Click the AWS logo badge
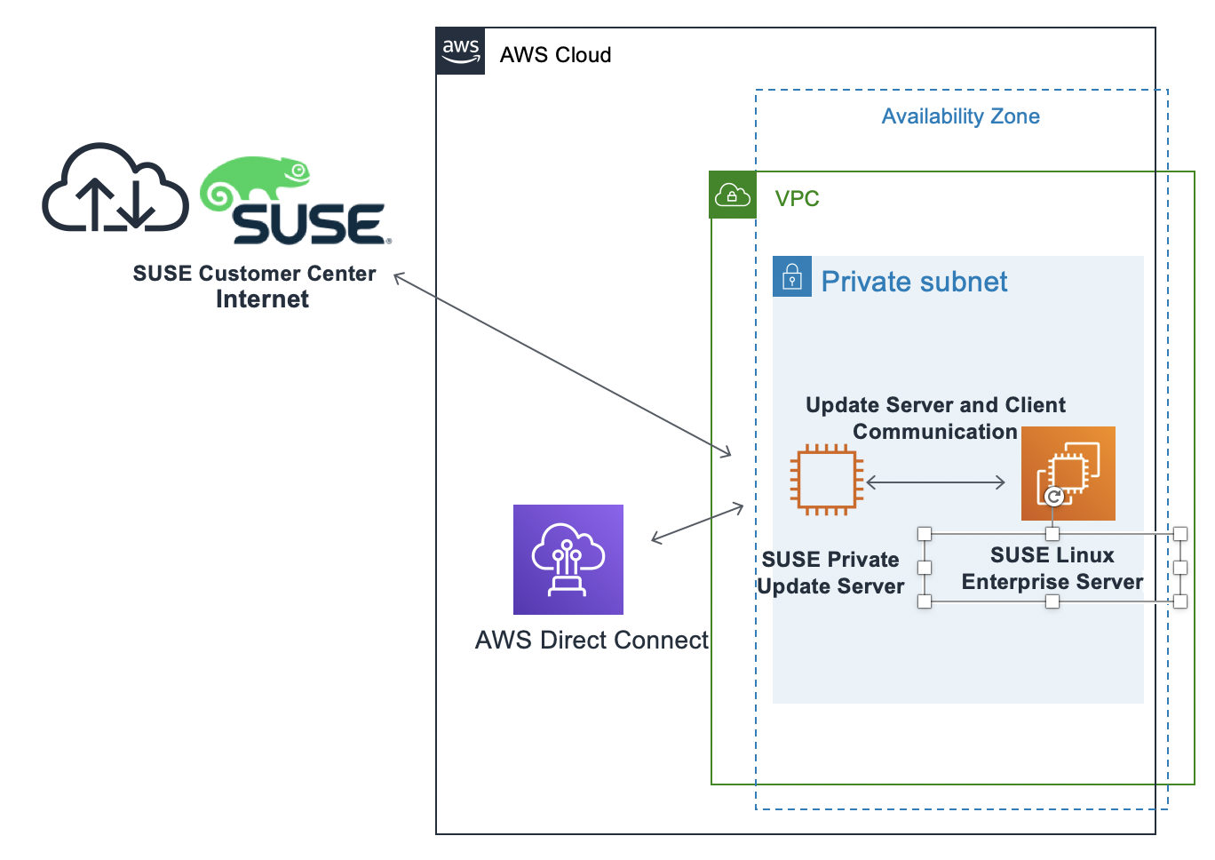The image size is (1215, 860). click(x=460, y=51)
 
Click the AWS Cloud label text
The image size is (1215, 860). click(x=555, y=55)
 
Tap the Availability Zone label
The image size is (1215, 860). click(x=960, y=116)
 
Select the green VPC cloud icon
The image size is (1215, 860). click(x=732, y=195)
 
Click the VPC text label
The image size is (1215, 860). click(x=797, y=199)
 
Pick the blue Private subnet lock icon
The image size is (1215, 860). click(x=792, y=277)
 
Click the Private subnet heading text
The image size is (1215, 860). click(x=914, y=282)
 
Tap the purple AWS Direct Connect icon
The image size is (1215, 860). click(x=568, y=560)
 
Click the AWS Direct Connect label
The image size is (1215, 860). click(x=592, y=641)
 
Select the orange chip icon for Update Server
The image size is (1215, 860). click(x=827, y=480)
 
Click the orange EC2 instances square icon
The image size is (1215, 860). click(x=1068, y=473)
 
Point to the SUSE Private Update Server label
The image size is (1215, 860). click(x=830, y=573)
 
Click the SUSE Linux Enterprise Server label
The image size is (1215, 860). click(x=1052, y=569)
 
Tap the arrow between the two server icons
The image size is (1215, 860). click(x=935, y=482)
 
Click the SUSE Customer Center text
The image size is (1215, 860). click(x=254, y=274)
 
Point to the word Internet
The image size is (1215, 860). click(x=262, y=299)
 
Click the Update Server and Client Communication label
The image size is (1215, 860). click(x=935, y=418)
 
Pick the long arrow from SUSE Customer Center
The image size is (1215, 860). click(x=562, y=365)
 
